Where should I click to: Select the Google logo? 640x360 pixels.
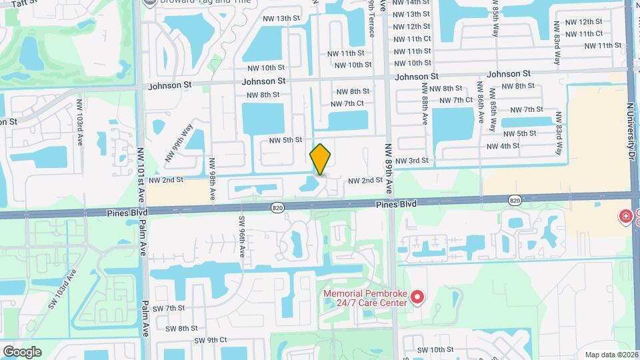click(22, 352)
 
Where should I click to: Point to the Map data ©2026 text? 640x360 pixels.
click(611, 354)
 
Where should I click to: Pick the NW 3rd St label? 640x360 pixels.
click(411, 161)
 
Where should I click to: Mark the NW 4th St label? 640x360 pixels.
click(503, 146)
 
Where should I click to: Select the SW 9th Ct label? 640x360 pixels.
click(211, 340)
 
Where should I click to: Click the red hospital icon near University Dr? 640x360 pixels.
click(625, 216)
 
